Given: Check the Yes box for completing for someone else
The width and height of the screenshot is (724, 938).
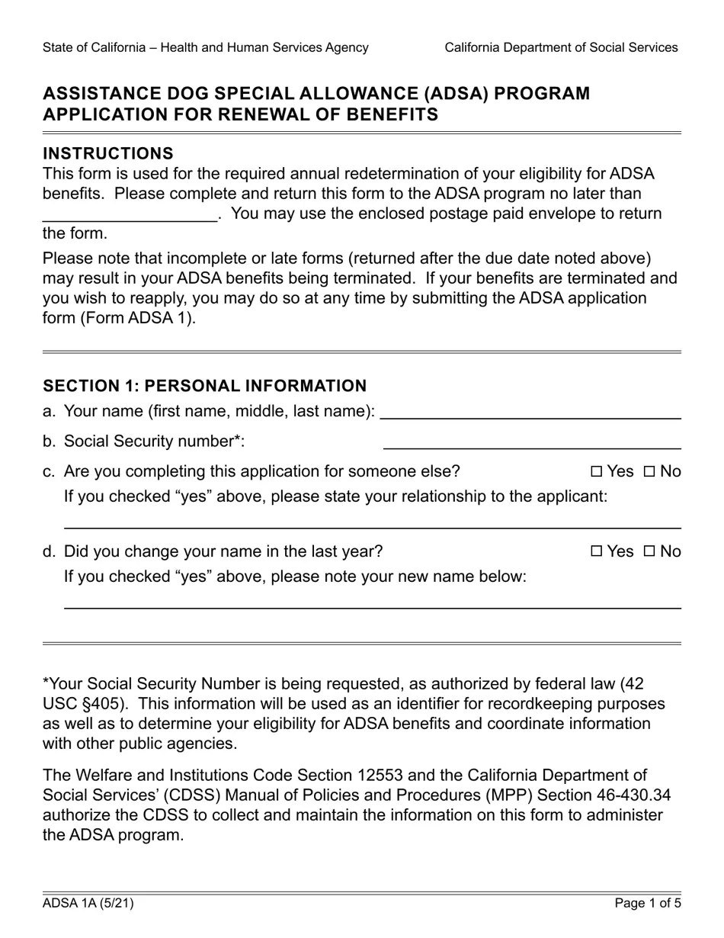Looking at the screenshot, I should pos(596,472).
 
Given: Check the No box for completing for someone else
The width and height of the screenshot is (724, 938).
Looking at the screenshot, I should pos(649,472).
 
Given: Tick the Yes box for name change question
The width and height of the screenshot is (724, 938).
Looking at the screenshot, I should pos(596,552).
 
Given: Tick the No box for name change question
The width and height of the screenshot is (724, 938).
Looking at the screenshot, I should pos(649,552).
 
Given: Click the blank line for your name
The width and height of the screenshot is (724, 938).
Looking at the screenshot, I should pos(530,413).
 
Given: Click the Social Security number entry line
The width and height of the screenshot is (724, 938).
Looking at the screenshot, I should pos(531,442).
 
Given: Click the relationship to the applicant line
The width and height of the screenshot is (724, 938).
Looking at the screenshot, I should pos(372,522).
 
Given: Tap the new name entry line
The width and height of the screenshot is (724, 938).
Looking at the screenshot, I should pos(372,602).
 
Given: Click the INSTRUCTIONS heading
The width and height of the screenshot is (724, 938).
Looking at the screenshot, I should pos(108,153).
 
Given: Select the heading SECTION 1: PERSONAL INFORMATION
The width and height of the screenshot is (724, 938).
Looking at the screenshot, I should pos(204,386).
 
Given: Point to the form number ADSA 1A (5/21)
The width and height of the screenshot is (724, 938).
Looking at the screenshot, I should pos(88,904).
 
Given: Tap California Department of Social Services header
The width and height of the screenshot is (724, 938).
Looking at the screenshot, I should pos(561,47).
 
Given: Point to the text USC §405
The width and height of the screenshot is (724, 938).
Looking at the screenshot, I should pos(82,704).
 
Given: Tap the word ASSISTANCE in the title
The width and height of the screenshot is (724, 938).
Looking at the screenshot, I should pos(102,94).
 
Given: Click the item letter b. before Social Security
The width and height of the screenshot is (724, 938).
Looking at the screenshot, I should pos(50,442).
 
